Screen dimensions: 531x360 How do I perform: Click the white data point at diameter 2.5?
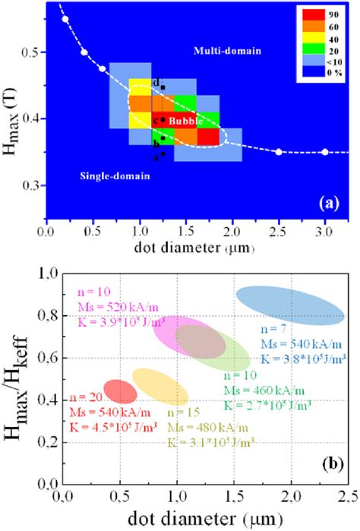tap(279, 152)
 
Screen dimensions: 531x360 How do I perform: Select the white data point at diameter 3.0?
tap(325, 152)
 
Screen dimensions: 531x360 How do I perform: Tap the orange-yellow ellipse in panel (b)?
tap(160, 384)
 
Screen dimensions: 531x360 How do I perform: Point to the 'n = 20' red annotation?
tap(84, 397)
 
